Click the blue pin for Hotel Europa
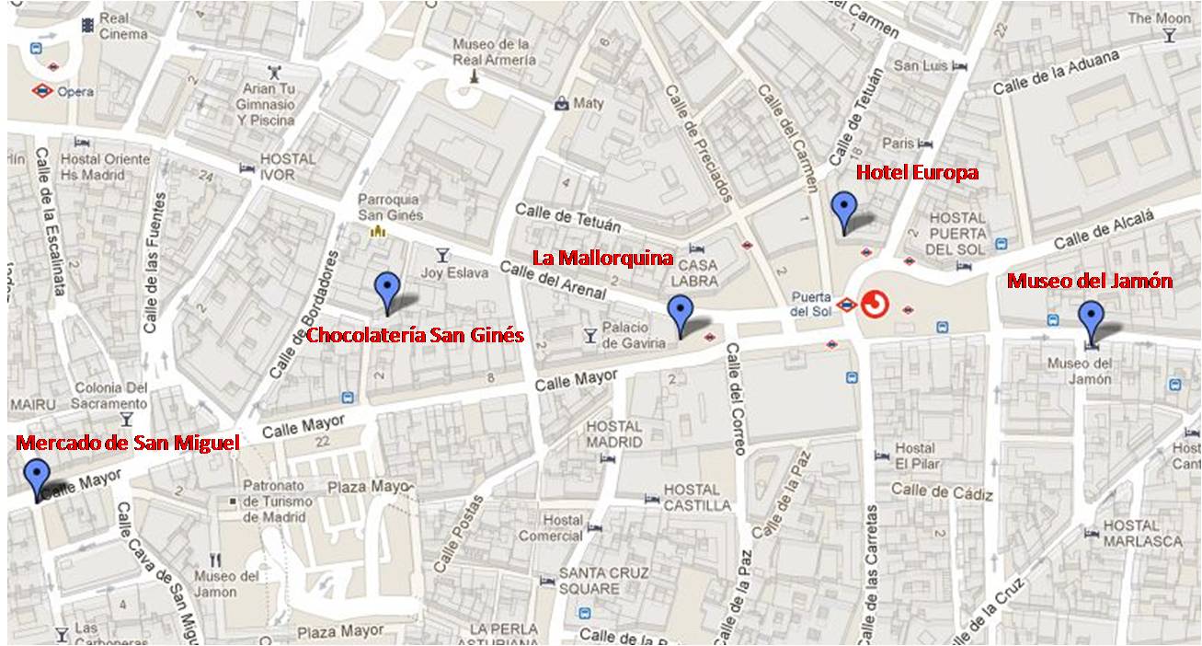coord(843,210)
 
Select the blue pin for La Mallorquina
coord(680,313)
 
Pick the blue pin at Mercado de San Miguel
coord(37,478)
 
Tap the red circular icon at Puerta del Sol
coord(875,305)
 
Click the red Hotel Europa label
coord(917,172)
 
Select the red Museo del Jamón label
coord(1089,282)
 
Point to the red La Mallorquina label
coord(604,257)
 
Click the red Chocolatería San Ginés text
coord(415,335)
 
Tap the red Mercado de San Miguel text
coord(129,444)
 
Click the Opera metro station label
coord(74,91)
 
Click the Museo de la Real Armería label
coord(493,52)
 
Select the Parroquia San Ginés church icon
coord(375,231)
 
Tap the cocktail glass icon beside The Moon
coord(1169,36)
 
